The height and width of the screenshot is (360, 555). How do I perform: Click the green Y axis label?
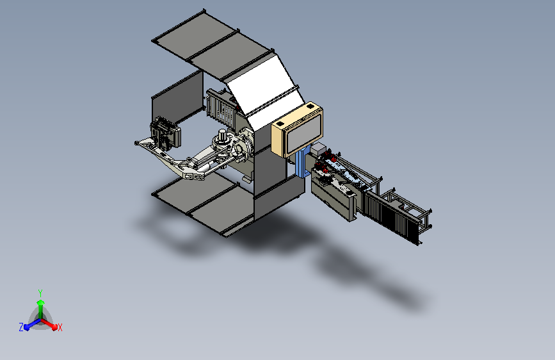tap(40, 293)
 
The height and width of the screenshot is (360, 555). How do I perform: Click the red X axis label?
tap(60, 328)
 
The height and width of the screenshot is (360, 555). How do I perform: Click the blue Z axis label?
tap(21, 327)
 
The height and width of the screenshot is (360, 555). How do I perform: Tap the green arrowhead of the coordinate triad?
tap(40, 303)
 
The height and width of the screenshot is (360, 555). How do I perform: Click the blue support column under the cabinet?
tap(302, 162)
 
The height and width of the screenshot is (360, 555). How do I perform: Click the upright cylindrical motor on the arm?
tap(222, 135)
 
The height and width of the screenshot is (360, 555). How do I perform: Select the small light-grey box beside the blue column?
tap(318, 149)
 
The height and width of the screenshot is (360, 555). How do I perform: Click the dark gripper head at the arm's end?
tap(165, 133)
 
